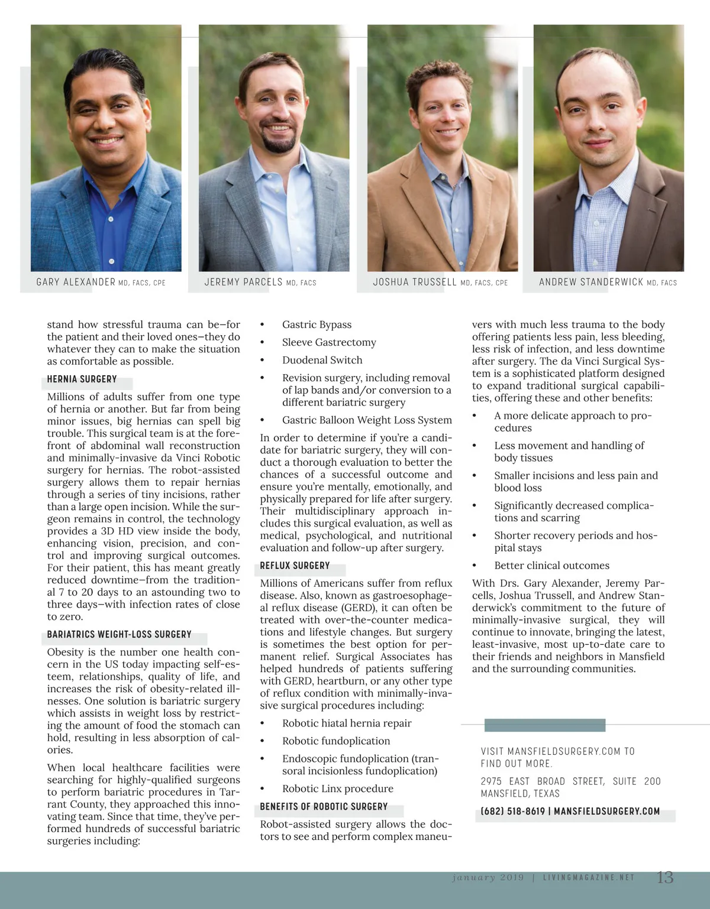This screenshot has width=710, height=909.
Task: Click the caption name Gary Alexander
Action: click(76, 282)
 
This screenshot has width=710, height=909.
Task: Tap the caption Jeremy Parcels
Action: click(244, 282)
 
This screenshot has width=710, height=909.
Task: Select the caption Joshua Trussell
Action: click(415, 282)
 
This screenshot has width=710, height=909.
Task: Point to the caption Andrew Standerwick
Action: click(590, 282)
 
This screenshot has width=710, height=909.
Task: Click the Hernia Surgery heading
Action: click(82, 379)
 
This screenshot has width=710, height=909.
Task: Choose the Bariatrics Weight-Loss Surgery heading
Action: click(119, 634)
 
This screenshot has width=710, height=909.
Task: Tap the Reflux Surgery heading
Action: click(295, 566)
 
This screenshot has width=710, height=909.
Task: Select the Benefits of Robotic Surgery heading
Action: click(324, 806)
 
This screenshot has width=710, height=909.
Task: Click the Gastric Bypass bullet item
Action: click(317, 324)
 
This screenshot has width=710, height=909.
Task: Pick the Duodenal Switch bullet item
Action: click(322, 360)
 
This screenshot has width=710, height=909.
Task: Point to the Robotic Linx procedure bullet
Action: click(337, 788)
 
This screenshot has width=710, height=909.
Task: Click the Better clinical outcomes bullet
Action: click(551, 566)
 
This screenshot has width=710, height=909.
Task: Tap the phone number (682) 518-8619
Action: click(512, 811)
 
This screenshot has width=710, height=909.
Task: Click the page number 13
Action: click(665, 878)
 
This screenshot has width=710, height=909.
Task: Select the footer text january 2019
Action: click(488, 878)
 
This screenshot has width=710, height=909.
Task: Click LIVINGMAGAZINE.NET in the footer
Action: click(588, 878)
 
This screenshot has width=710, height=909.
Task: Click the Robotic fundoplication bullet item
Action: click(336, 741)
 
